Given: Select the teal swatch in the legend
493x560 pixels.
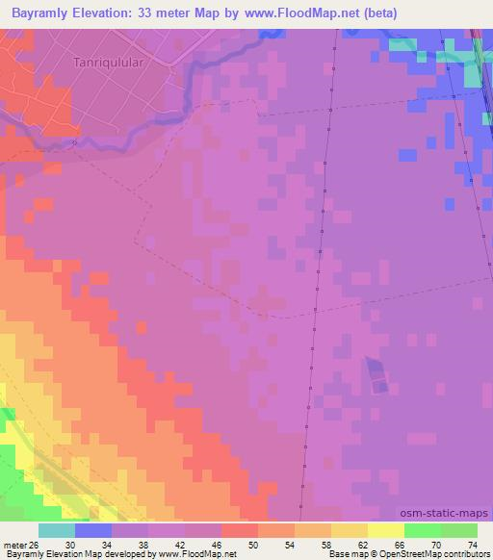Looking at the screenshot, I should click(x=57, y=530).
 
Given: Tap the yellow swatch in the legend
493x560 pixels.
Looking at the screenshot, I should click(x=385, y=530).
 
